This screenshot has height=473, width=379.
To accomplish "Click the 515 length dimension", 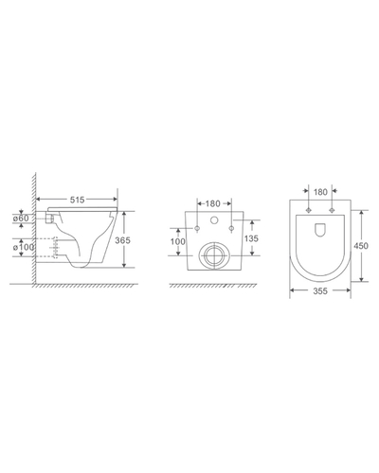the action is (78, 200).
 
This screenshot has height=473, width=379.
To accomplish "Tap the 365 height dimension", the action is (122, 240).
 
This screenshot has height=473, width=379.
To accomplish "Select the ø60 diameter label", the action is (21, 218).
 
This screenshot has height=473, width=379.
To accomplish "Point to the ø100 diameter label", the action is (24, 247).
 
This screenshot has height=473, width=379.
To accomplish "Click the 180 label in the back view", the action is (212, 203).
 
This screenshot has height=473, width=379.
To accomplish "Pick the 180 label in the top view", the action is (320, 192).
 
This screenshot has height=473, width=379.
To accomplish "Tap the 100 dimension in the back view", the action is (178, 242).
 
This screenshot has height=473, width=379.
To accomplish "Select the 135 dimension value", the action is (251, 238).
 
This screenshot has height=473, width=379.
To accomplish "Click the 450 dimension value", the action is (361, 245).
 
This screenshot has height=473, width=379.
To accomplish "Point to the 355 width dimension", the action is (320, 291).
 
